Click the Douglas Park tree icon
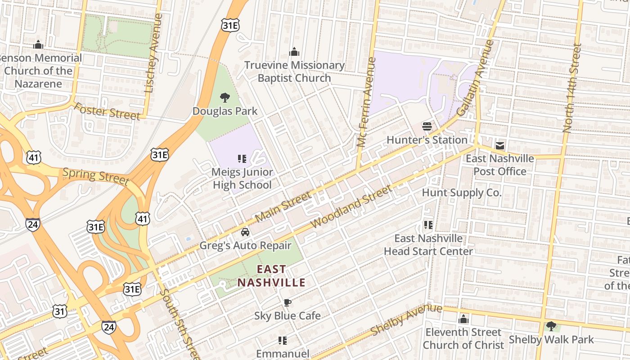[x=225, y=97]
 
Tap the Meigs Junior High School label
[x=242, y=178]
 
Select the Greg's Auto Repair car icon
[x=245, y=232]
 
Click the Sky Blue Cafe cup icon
[x=287, y=302]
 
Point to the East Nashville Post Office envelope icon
[x=500, y=145]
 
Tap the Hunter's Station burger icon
[x=427, y=126]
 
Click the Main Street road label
[x=283, y=207]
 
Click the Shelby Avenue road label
[x=406, y=319]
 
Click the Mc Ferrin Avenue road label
[x=366, y=102]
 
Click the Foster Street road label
[x=107, y=111]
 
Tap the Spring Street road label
[x=95, y=176]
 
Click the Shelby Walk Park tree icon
[x=551, y=326]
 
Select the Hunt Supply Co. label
[x=461, y=193]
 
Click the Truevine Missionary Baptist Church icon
[x=294, y=52]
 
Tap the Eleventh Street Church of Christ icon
[x=463, y=319]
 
